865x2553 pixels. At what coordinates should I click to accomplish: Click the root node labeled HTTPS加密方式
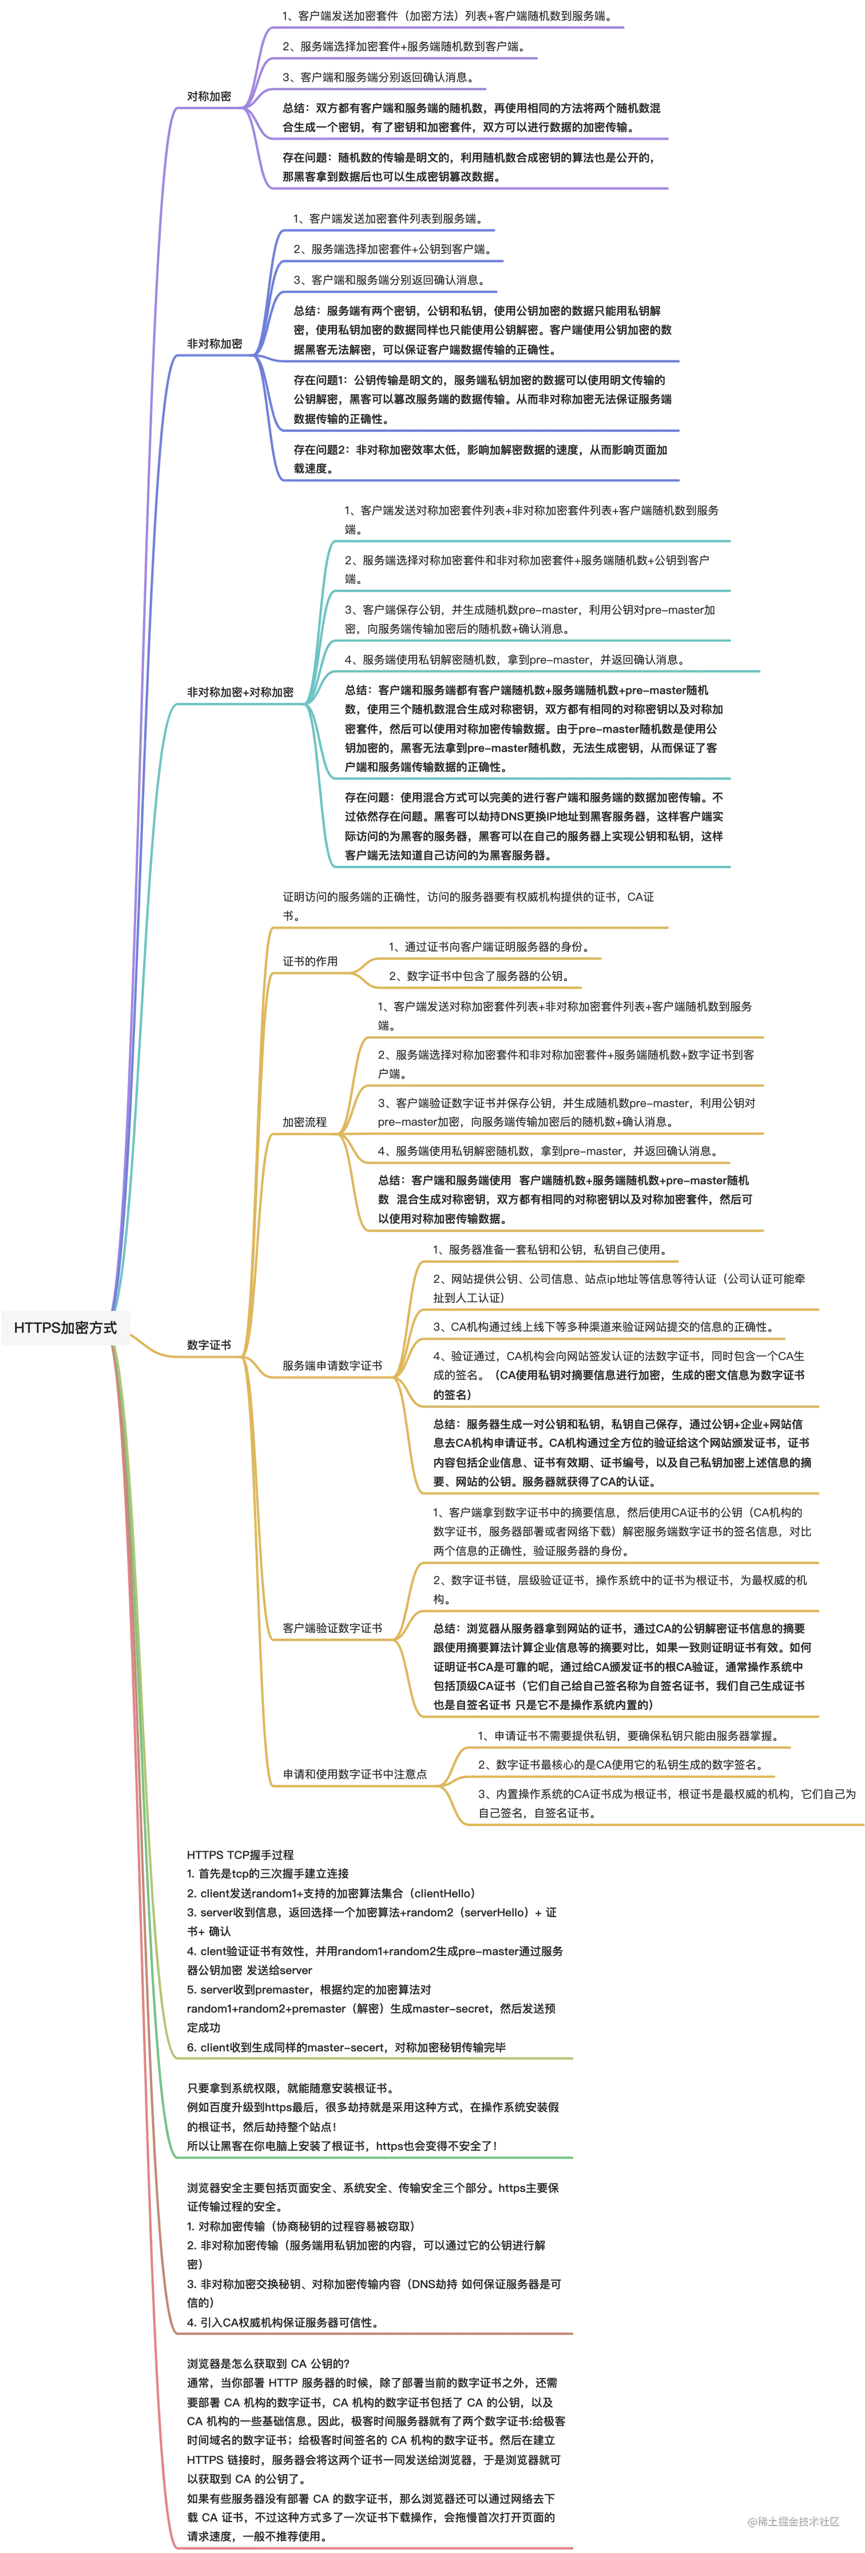point(65,1327)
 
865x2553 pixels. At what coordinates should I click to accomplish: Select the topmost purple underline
point(446,27)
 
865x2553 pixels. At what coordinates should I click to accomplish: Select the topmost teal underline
point(535,540)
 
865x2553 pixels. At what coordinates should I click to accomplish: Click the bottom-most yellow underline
point(664,1824)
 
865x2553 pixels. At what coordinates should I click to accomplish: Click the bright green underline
point(376,2158)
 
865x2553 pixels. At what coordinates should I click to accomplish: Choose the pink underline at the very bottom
point(376,2547)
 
